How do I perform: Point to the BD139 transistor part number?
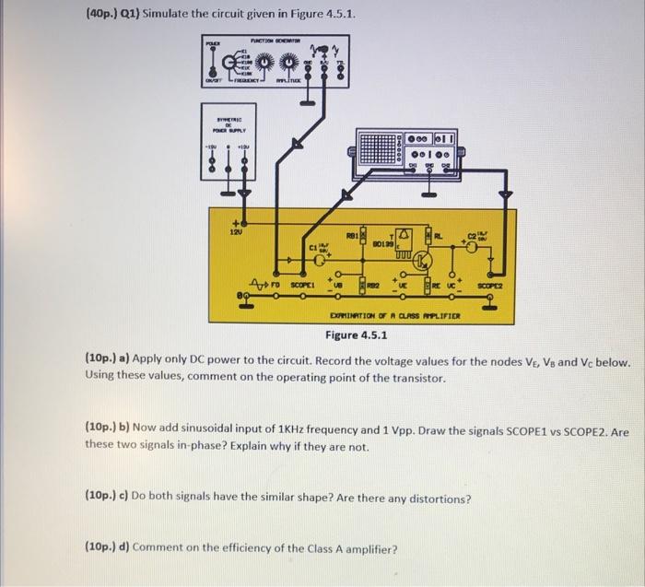383,243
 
